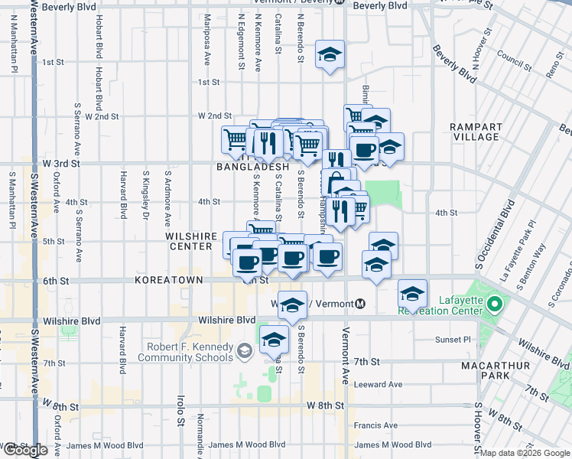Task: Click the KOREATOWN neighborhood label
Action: (168, 281)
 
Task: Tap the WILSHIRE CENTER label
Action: (191, 242)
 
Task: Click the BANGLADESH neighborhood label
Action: (252, 167)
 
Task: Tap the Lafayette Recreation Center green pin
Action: (494, 304)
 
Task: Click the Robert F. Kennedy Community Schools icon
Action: (245, 352)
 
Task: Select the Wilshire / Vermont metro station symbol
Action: (360, 304)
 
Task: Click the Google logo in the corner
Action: (24, 449)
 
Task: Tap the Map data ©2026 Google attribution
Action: (525, 453)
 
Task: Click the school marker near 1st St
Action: (330, 54)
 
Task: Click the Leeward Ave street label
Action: (378, 384)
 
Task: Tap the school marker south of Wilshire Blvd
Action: (274, 340)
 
